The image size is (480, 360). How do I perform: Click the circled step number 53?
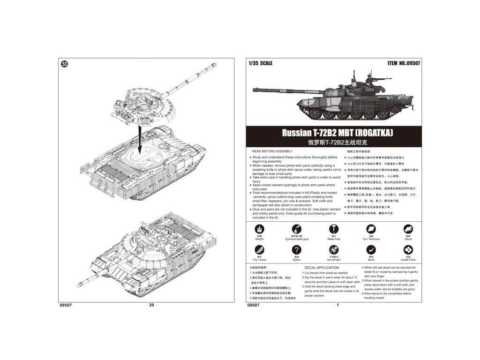(65, 64)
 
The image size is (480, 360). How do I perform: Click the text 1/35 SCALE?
(261, 63)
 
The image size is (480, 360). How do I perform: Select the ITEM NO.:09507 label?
(404, 63)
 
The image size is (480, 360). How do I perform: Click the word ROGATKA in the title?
(373, 133)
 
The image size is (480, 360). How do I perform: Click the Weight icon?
(259, 228)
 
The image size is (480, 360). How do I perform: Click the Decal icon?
(408, 228)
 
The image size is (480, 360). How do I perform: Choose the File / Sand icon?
(259, 250)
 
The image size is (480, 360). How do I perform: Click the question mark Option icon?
(296, 250)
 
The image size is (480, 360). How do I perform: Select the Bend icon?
(371, 250)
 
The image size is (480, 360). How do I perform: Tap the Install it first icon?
(408, 250)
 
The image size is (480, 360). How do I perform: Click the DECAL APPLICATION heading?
(322, 268)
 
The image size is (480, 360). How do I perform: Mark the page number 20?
(151, 305)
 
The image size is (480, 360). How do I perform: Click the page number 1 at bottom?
(337, 305)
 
